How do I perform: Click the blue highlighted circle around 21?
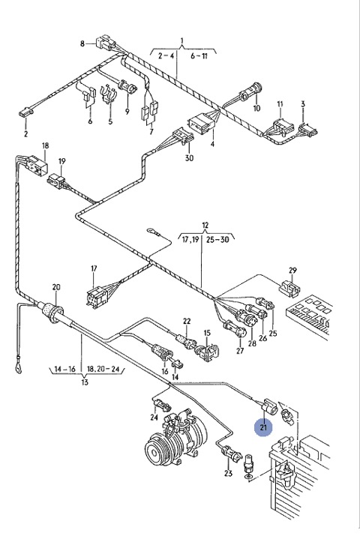pyautogui.click(x=263, y=427)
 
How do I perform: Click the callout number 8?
pyautogui.click(x=82, y=43)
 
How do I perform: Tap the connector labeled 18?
pyautogui.click(x=36, y=164)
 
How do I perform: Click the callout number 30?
pyautogui.click(x=189, y=158)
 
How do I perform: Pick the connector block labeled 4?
pyautogui.click(x=202, y=124)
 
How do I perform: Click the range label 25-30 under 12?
pyautogui.click(x=217, y=240)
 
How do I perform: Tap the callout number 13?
pyautogui.click(x=85, y=382)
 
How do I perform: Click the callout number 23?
pyautogui.click(x=229, y=474)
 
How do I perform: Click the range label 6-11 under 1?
pyautogui.click(x=199, y=55)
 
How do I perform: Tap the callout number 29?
pyautogui.click(x=292, y=271)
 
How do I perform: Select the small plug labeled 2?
pyautogui.click(x=25, y=112)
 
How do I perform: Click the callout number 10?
pyautogui.click(x=256, y=109)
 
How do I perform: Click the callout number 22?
pyautogui.click(x=187, y=321)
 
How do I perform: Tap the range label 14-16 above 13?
pyautogui.click(x=64, y=369)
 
